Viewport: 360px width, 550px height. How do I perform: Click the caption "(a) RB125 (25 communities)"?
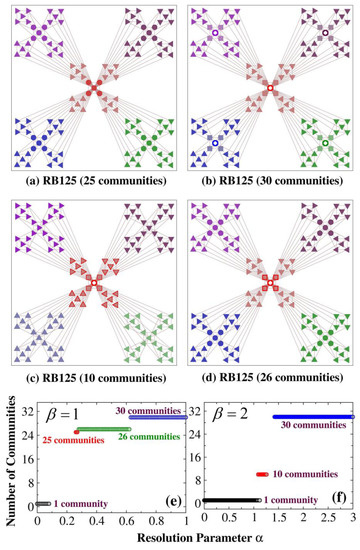click(x=91, y=186)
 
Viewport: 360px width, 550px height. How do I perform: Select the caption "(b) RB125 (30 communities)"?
click(x=270, y=186)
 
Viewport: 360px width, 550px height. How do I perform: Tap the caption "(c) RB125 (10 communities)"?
click(x=91, y=381)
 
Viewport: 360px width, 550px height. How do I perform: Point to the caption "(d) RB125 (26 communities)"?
click(x=270, y=381)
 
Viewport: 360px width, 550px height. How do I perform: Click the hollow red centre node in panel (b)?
click(x=270, y=90)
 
